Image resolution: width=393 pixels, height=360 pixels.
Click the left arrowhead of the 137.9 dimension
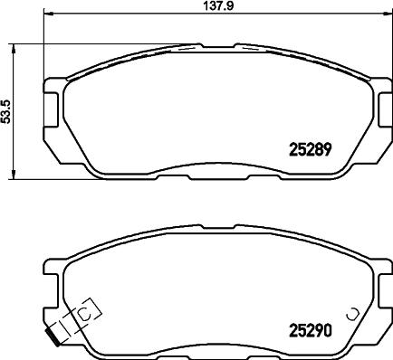click(47, 15)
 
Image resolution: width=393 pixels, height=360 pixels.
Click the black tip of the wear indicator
click(57, 340)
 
